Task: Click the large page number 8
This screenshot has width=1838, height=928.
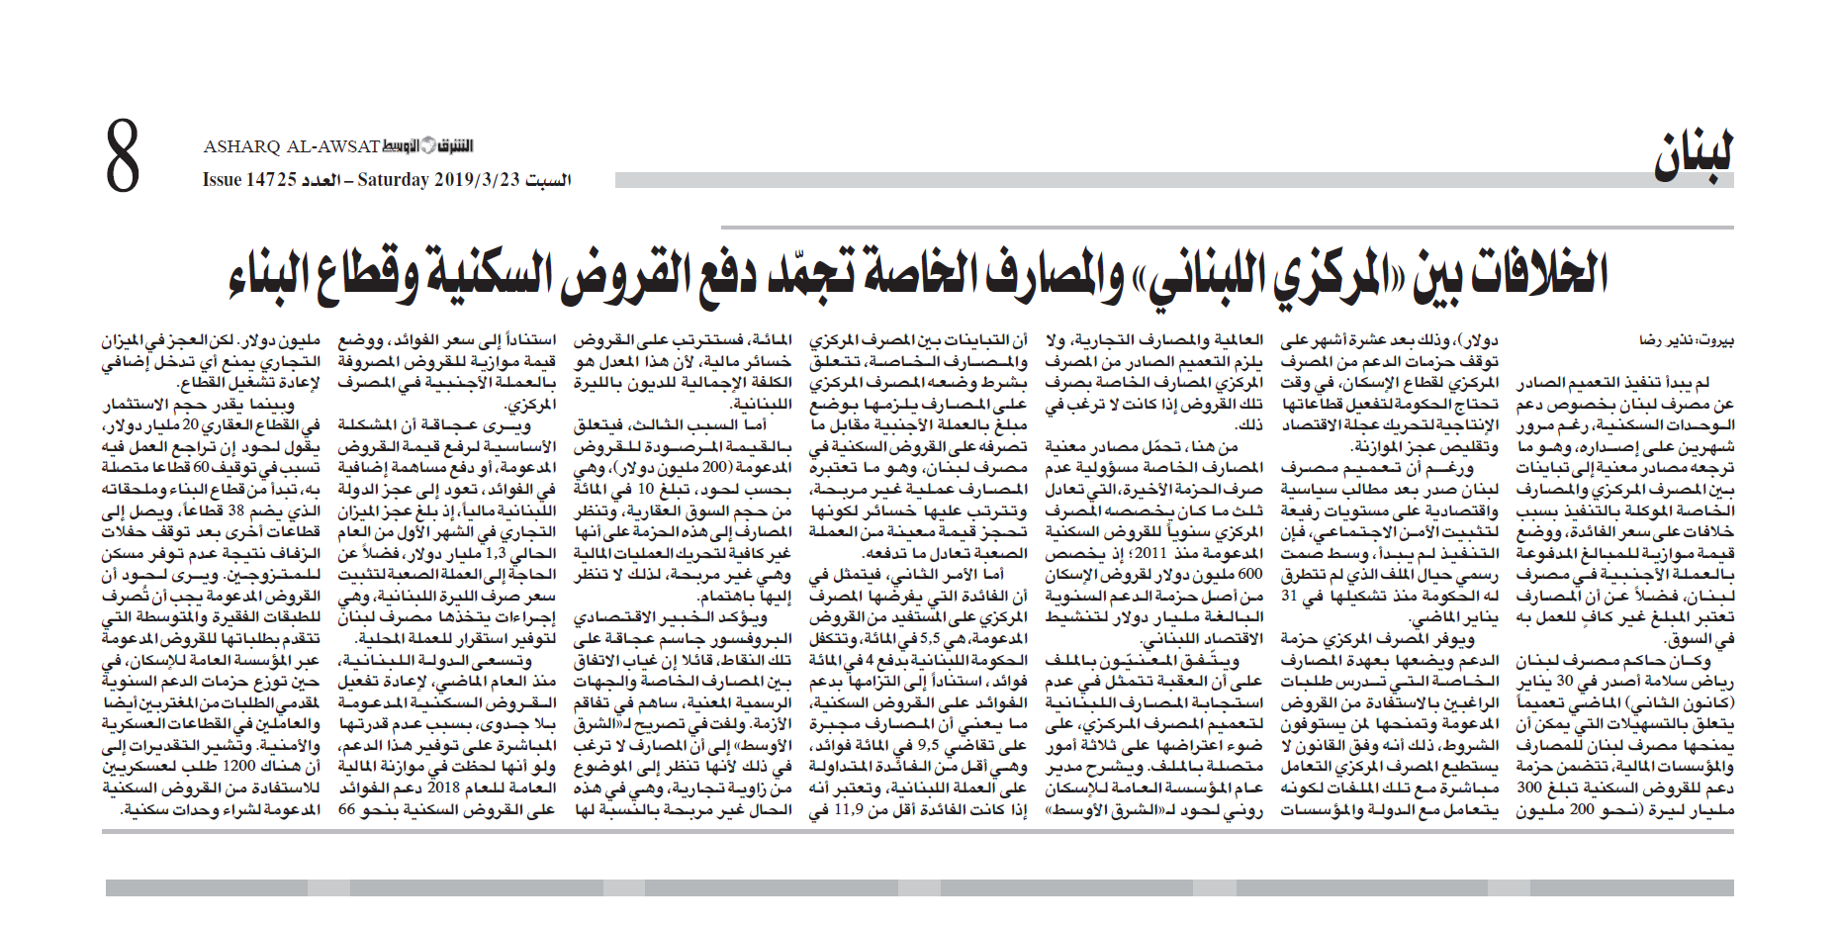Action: tap(124, 155)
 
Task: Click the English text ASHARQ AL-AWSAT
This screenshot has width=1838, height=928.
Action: tap(291, 147)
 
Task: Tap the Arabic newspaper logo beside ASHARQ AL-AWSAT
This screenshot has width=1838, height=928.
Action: tap(428, 146)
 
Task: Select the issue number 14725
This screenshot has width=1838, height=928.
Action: tap(272, 180)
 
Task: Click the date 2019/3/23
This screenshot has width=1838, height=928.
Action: tap(476, 180)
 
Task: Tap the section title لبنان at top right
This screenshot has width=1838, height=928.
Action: tap(1693, 157)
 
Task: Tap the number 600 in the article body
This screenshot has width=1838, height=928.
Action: tap(1249, 575)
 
